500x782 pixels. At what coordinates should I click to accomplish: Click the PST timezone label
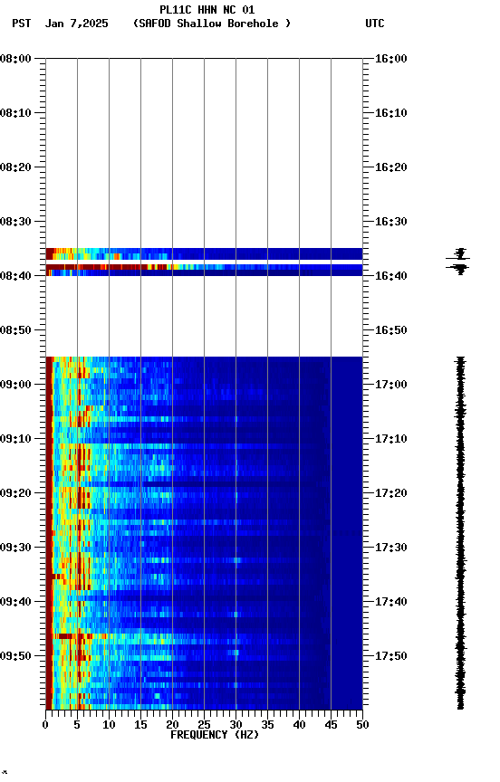(x=22, y=24)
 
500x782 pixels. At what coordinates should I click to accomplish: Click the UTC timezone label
(x=375, y=24)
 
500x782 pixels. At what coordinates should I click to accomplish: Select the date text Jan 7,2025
(x=77, y=24)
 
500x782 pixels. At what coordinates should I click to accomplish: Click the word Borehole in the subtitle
(x=254, y=24)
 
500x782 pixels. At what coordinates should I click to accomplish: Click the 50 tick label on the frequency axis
(x=362, y=724)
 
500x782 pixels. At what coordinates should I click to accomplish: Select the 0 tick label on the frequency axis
(x=45, y=724)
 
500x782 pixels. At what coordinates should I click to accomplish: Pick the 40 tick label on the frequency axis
(x=299, y=724)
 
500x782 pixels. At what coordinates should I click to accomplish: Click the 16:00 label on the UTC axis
(x=391, y=59)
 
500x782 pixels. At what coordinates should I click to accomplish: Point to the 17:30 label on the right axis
(x=391, y=548)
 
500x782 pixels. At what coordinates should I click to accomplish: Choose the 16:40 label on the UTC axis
(x=391, y=276)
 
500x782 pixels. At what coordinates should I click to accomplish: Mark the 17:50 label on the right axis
(x=391, y=656)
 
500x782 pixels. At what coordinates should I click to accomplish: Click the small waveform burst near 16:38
(x=459, y=260)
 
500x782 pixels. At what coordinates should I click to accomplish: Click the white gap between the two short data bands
(x=204, y=262)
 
